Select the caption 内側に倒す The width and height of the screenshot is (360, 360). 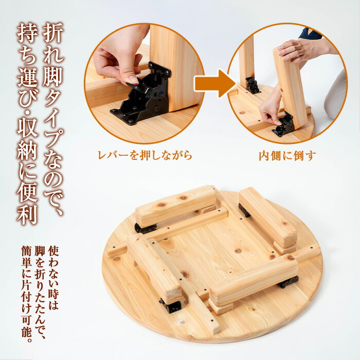(287, 155)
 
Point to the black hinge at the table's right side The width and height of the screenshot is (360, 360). (288, 282)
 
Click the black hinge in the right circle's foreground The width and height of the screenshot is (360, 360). (283, 125)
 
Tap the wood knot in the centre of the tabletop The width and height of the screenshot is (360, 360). (238, 251)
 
